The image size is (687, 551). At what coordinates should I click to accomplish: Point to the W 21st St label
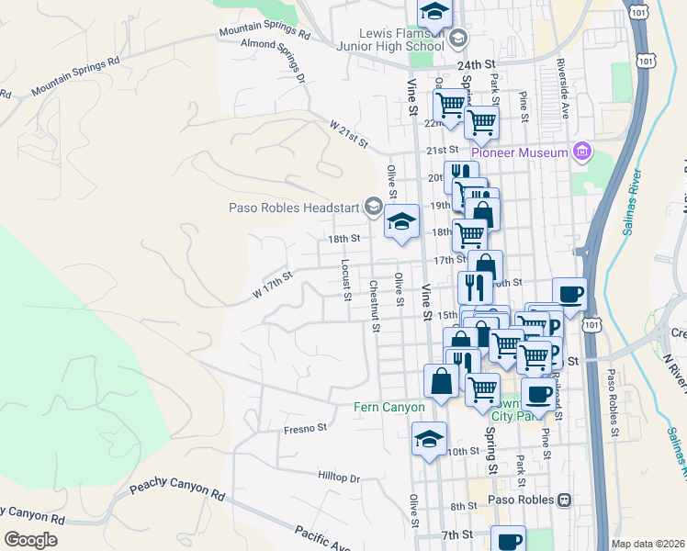[349, 134]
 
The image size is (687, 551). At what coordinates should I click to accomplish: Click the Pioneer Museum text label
[520, 152]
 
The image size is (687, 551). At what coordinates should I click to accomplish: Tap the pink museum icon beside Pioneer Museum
[581, 151]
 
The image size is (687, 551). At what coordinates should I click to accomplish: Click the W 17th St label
[272, 284]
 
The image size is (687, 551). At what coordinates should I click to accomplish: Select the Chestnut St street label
[375, 302]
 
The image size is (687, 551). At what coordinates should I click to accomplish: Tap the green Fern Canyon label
[389, 407]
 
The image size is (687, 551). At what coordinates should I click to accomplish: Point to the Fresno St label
[306, 428]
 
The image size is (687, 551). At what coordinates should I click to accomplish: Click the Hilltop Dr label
[339, 478]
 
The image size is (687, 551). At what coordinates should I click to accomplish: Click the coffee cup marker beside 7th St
[508, 540]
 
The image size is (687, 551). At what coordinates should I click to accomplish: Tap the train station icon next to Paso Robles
[565, 500]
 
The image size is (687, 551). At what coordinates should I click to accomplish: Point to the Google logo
[30, 540]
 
